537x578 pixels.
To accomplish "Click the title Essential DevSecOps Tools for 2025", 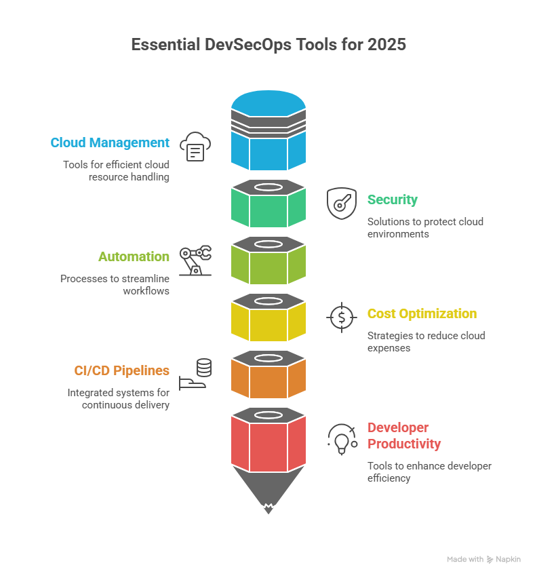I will (x=268, y=45).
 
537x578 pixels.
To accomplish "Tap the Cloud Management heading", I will (x=109, y=142).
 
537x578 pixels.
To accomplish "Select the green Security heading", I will (x=392, y=199).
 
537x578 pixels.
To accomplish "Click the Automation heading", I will (x=134, y=256).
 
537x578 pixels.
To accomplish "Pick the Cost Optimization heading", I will (x=422, y=313).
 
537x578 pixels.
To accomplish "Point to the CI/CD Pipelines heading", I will (x=121, y=370).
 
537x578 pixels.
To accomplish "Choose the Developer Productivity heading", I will (x=404, y=436).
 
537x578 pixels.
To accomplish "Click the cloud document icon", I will (x=195, y=146).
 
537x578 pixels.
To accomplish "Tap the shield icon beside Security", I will (x=341, y=203).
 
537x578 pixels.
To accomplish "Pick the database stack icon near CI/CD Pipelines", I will (x=203, y=368).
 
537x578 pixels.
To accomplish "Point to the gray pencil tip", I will (x=268, y=489).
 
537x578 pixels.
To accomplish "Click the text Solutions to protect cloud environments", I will (x=425, y=227).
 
